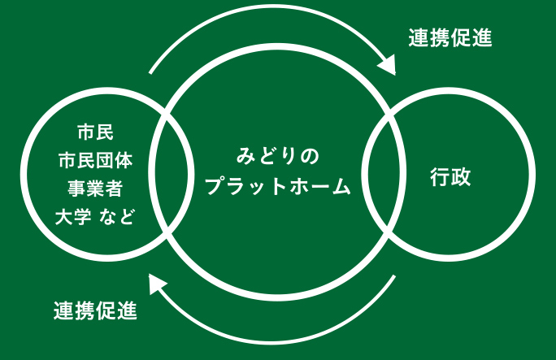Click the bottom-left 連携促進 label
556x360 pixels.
pyautogui.click(x=95, y=310)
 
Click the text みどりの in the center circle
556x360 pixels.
pyautogui.click(x=278, y=155)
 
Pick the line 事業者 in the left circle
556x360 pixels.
pyautogui.click(x=95, y=188)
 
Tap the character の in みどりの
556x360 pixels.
pyautogui.click(x=310, y=155)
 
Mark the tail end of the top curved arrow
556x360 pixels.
pyautogui.click(x=151, y=73)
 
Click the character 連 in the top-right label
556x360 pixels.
pyautogui.click(x=418, y=37)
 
